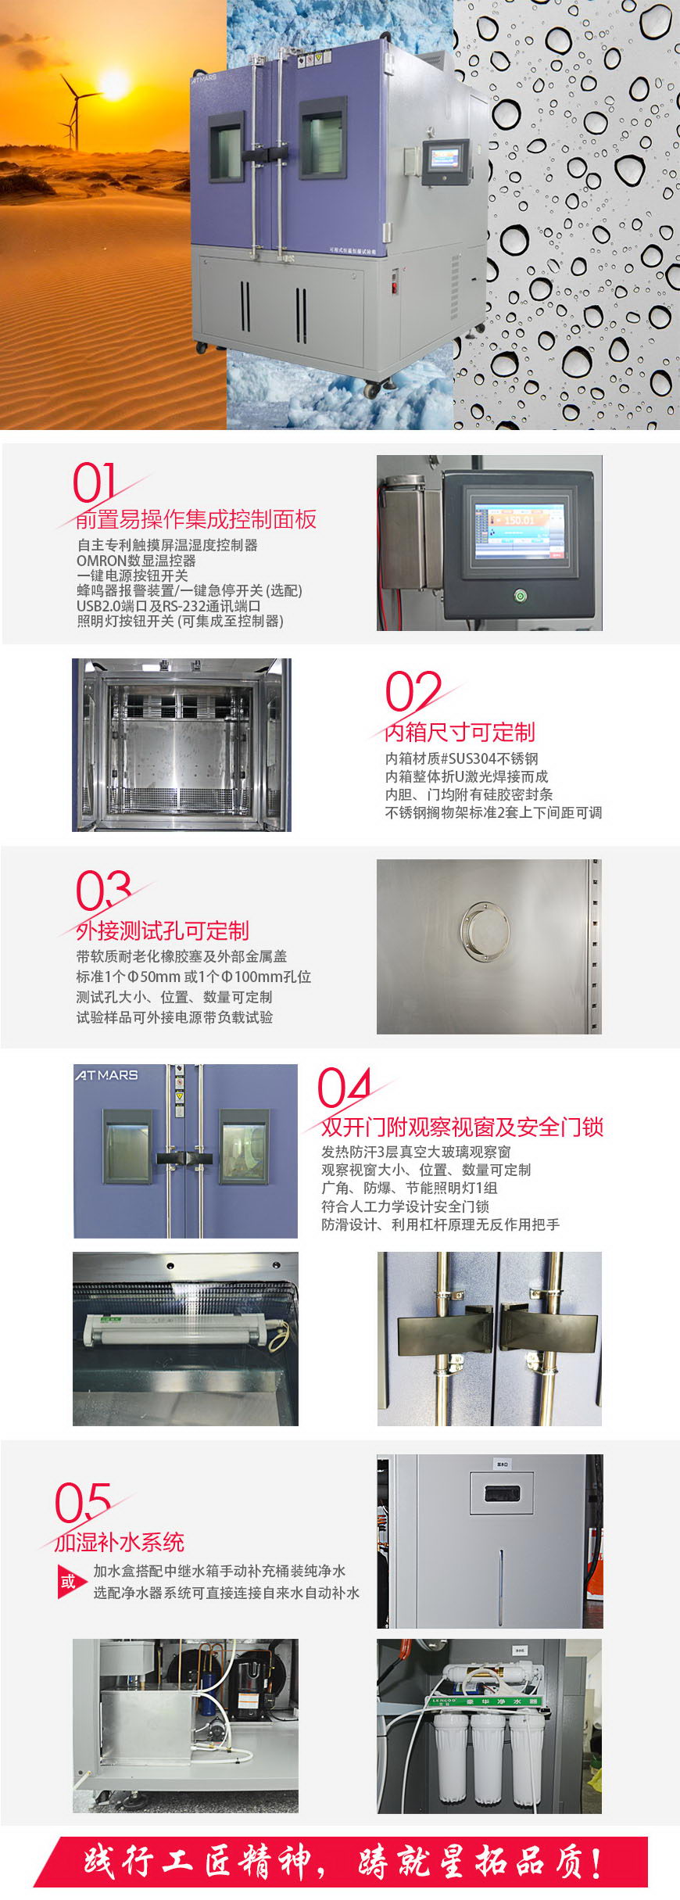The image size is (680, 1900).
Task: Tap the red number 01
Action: click(95, 482)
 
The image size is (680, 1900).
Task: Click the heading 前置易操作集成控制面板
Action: click(196, 519)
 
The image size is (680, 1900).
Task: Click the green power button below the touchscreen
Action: click(521, 596)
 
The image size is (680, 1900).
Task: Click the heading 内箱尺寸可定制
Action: click(460, 732)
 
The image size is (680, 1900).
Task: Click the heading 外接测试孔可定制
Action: click(163, 930)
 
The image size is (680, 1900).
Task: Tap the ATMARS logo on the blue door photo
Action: click(107, 1075)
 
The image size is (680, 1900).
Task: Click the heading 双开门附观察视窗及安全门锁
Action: click(462, 1127)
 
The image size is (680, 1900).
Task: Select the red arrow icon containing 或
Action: click(70, 1582)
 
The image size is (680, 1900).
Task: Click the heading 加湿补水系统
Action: click(120, 1542)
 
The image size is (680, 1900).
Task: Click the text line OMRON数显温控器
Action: click(136, 561)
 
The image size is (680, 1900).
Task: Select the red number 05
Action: click(81, 1502)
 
